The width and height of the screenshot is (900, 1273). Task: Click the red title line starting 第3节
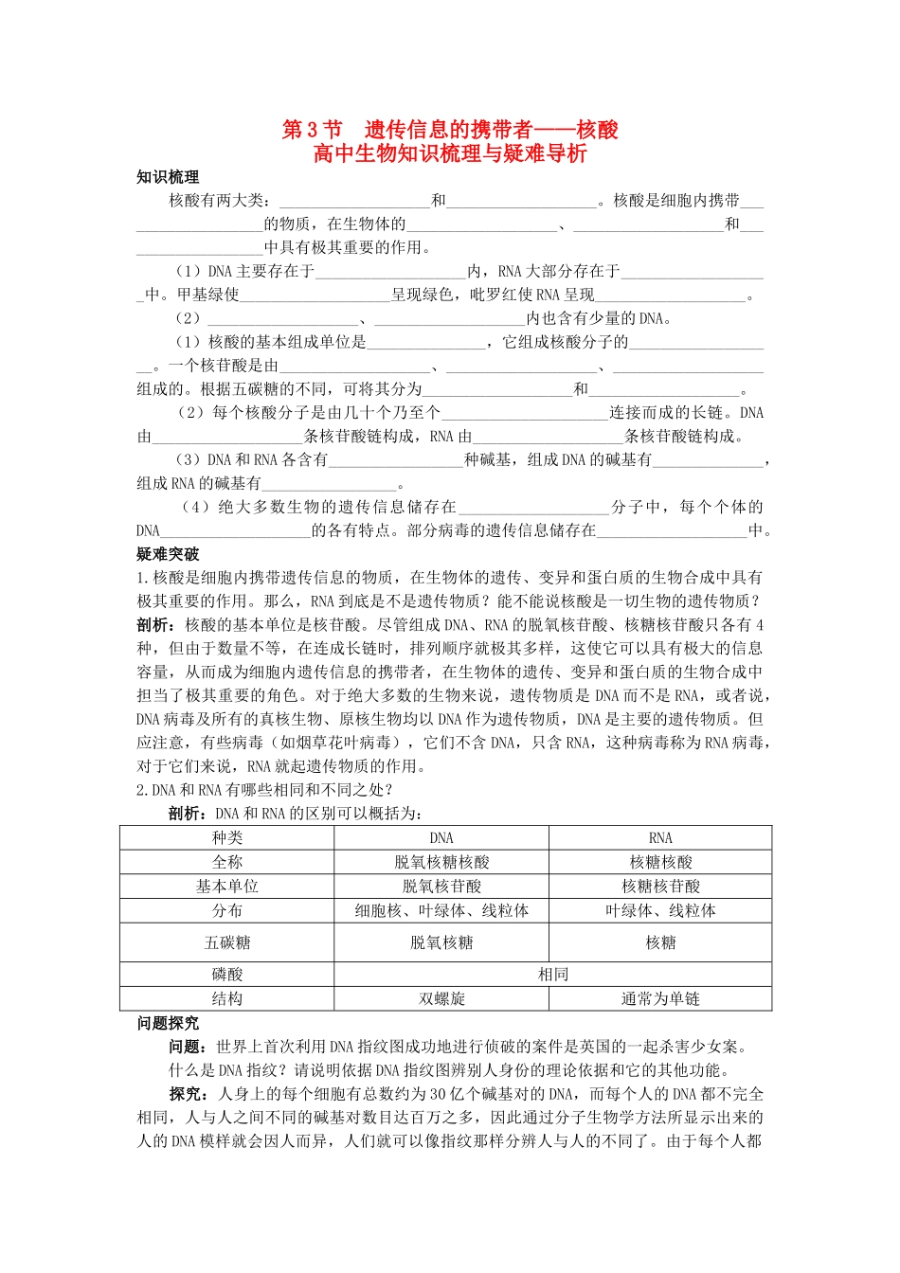click(450, 130)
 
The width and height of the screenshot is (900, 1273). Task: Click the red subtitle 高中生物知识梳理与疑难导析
click(450, 153)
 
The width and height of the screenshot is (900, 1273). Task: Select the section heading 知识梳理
click(168, 177)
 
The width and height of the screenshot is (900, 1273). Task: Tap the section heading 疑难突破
click(168, 554)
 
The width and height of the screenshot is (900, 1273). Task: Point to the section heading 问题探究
click(168, 1023)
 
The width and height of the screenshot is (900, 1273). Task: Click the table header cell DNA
click(441, 837)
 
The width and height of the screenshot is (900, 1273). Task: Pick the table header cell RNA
click(660, 837)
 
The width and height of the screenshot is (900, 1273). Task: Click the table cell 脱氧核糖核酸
click(441, 862)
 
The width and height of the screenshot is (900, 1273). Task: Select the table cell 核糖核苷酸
click(660, 887)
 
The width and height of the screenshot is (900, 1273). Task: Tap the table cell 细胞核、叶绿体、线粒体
click(441, 910)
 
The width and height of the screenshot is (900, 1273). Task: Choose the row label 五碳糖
click(227, 942)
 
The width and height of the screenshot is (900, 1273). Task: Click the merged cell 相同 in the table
click(553, 974)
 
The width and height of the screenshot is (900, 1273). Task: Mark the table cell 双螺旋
click(441, 998)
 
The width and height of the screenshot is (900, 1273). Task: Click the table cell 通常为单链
click(660, 998)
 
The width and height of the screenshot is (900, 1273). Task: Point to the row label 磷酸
click(227, 974)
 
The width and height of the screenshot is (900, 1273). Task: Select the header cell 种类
click(227, 837)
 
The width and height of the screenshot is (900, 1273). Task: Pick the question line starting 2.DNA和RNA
click(265, 790)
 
